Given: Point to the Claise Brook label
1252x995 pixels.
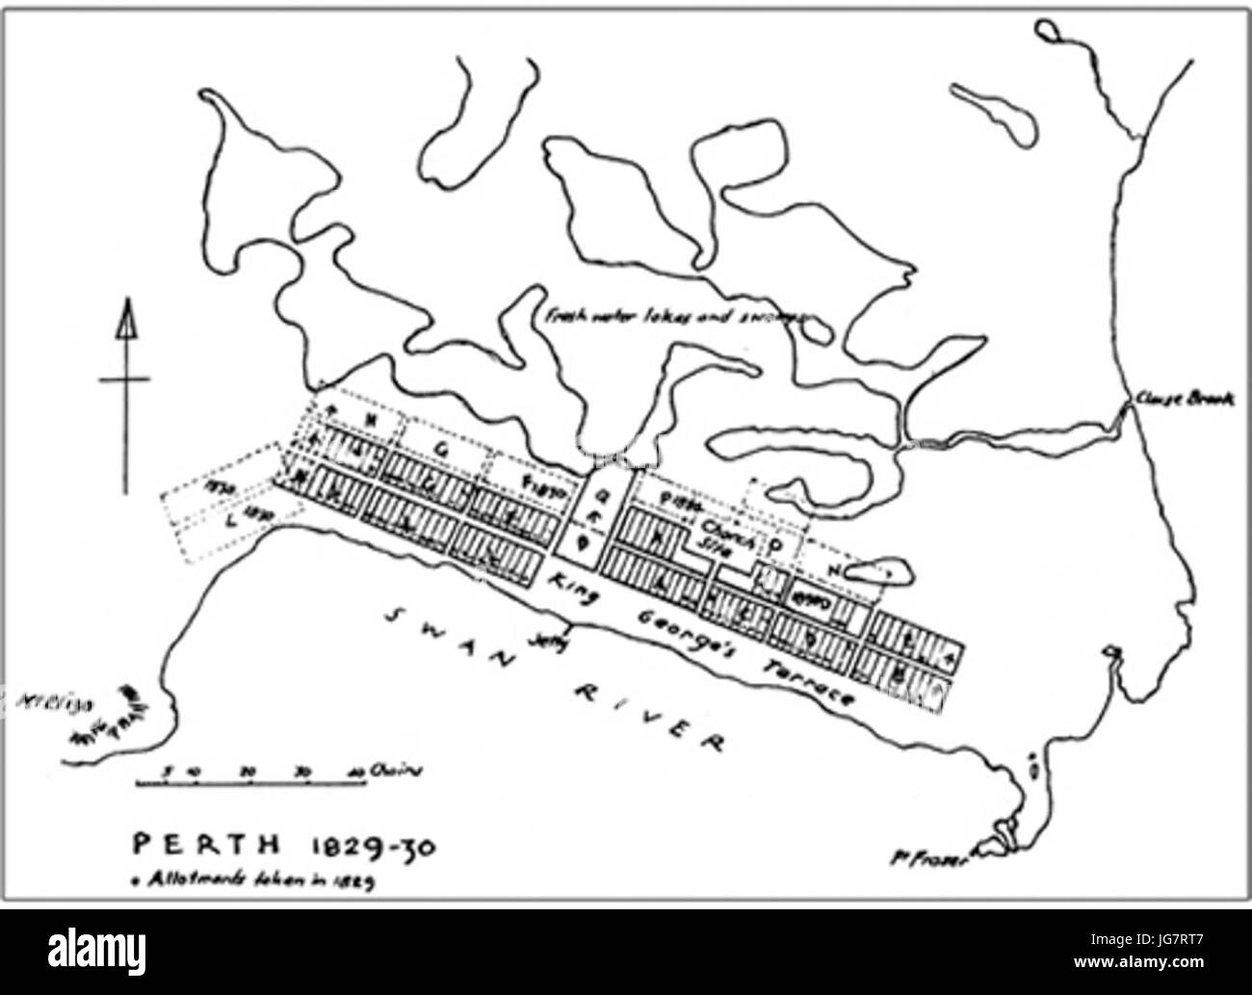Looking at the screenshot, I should pos(1184,399).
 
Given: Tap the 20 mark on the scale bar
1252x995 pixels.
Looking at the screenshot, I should pos(248,771).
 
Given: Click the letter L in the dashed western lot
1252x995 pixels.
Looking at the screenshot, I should pos(229,521).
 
